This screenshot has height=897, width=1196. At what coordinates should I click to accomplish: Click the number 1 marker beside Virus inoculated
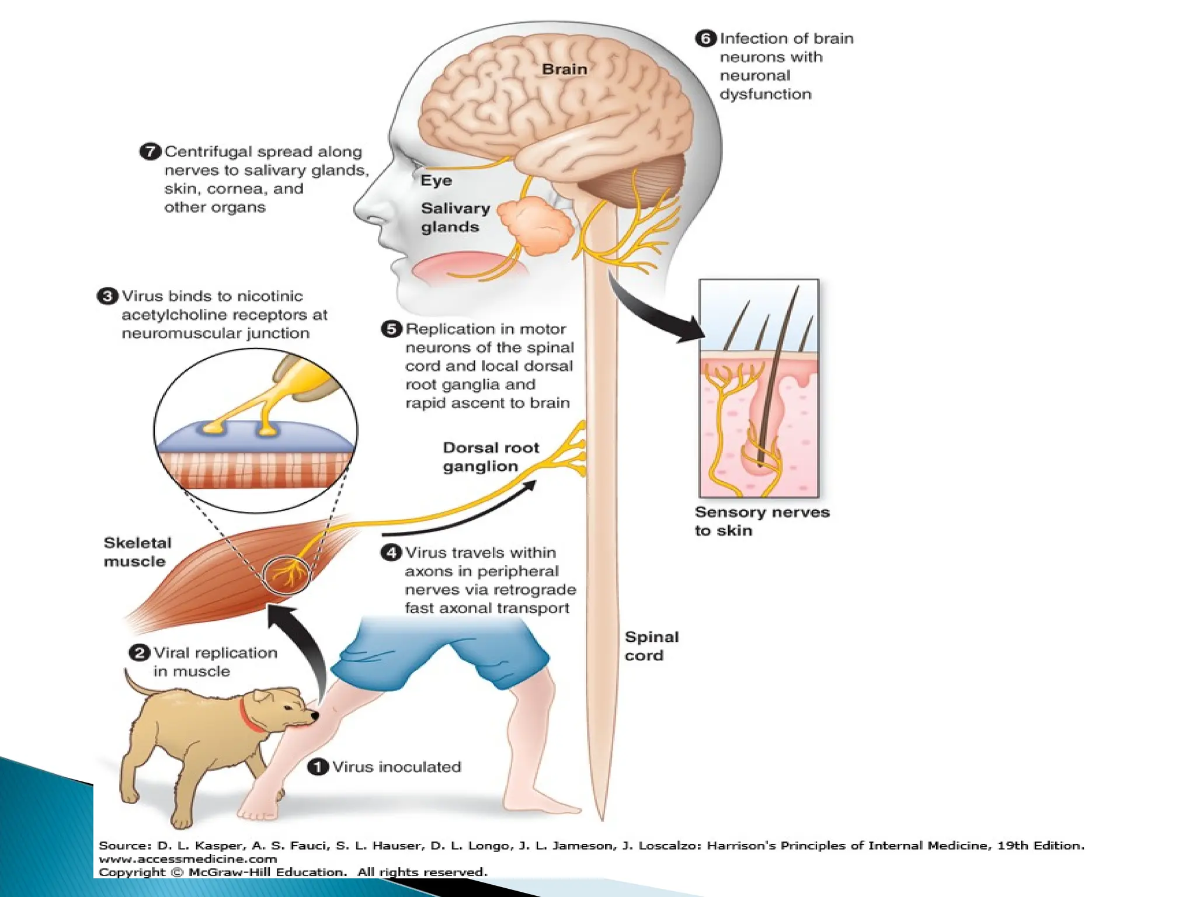318,767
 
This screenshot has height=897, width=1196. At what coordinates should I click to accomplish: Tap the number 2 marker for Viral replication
139,653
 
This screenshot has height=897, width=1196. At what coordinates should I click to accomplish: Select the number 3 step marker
107,296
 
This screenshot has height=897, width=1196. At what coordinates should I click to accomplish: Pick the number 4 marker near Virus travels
391,552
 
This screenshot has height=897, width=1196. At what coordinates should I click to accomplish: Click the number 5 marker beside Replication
391,329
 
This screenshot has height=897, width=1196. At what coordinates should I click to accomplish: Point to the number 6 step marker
705,39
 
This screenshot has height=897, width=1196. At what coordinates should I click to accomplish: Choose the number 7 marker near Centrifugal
150,152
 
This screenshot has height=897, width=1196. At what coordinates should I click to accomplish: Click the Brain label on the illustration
564,69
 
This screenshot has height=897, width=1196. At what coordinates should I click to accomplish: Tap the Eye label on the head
436,180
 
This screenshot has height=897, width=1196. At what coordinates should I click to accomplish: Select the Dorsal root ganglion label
491,457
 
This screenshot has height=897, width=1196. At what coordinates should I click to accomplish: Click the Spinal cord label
651,646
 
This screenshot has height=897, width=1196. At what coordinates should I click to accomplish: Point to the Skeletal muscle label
137,552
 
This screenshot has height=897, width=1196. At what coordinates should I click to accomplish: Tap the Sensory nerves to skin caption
762,521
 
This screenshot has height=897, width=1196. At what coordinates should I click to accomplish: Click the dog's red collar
249,717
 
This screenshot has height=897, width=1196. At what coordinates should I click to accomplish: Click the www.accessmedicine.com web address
187,859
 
